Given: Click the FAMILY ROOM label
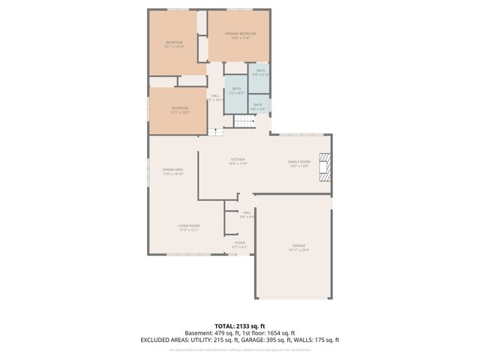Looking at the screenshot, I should pyautogui.click(x=299, y=163).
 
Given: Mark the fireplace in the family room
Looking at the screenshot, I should pyautogui.click(x=324, y=167).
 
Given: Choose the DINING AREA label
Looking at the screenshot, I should pyautogui.click(x=172, y=171).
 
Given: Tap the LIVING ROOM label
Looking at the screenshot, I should pyautogui.click(x=189, y=227).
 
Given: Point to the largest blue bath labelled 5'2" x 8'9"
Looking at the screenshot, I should pyautogui.click(x=236, y=91).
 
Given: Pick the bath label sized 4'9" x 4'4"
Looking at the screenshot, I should pyautogui.click(x=257, y=106).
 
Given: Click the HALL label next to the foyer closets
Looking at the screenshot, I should pyautogui.click(x=247, y=214).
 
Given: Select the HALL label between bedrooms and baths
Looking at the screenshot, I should pyautogui.click(x=215, y=97).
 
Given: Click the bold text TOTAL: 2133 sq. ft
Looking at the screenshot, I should pyautogui.click(x=239, y=325).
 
